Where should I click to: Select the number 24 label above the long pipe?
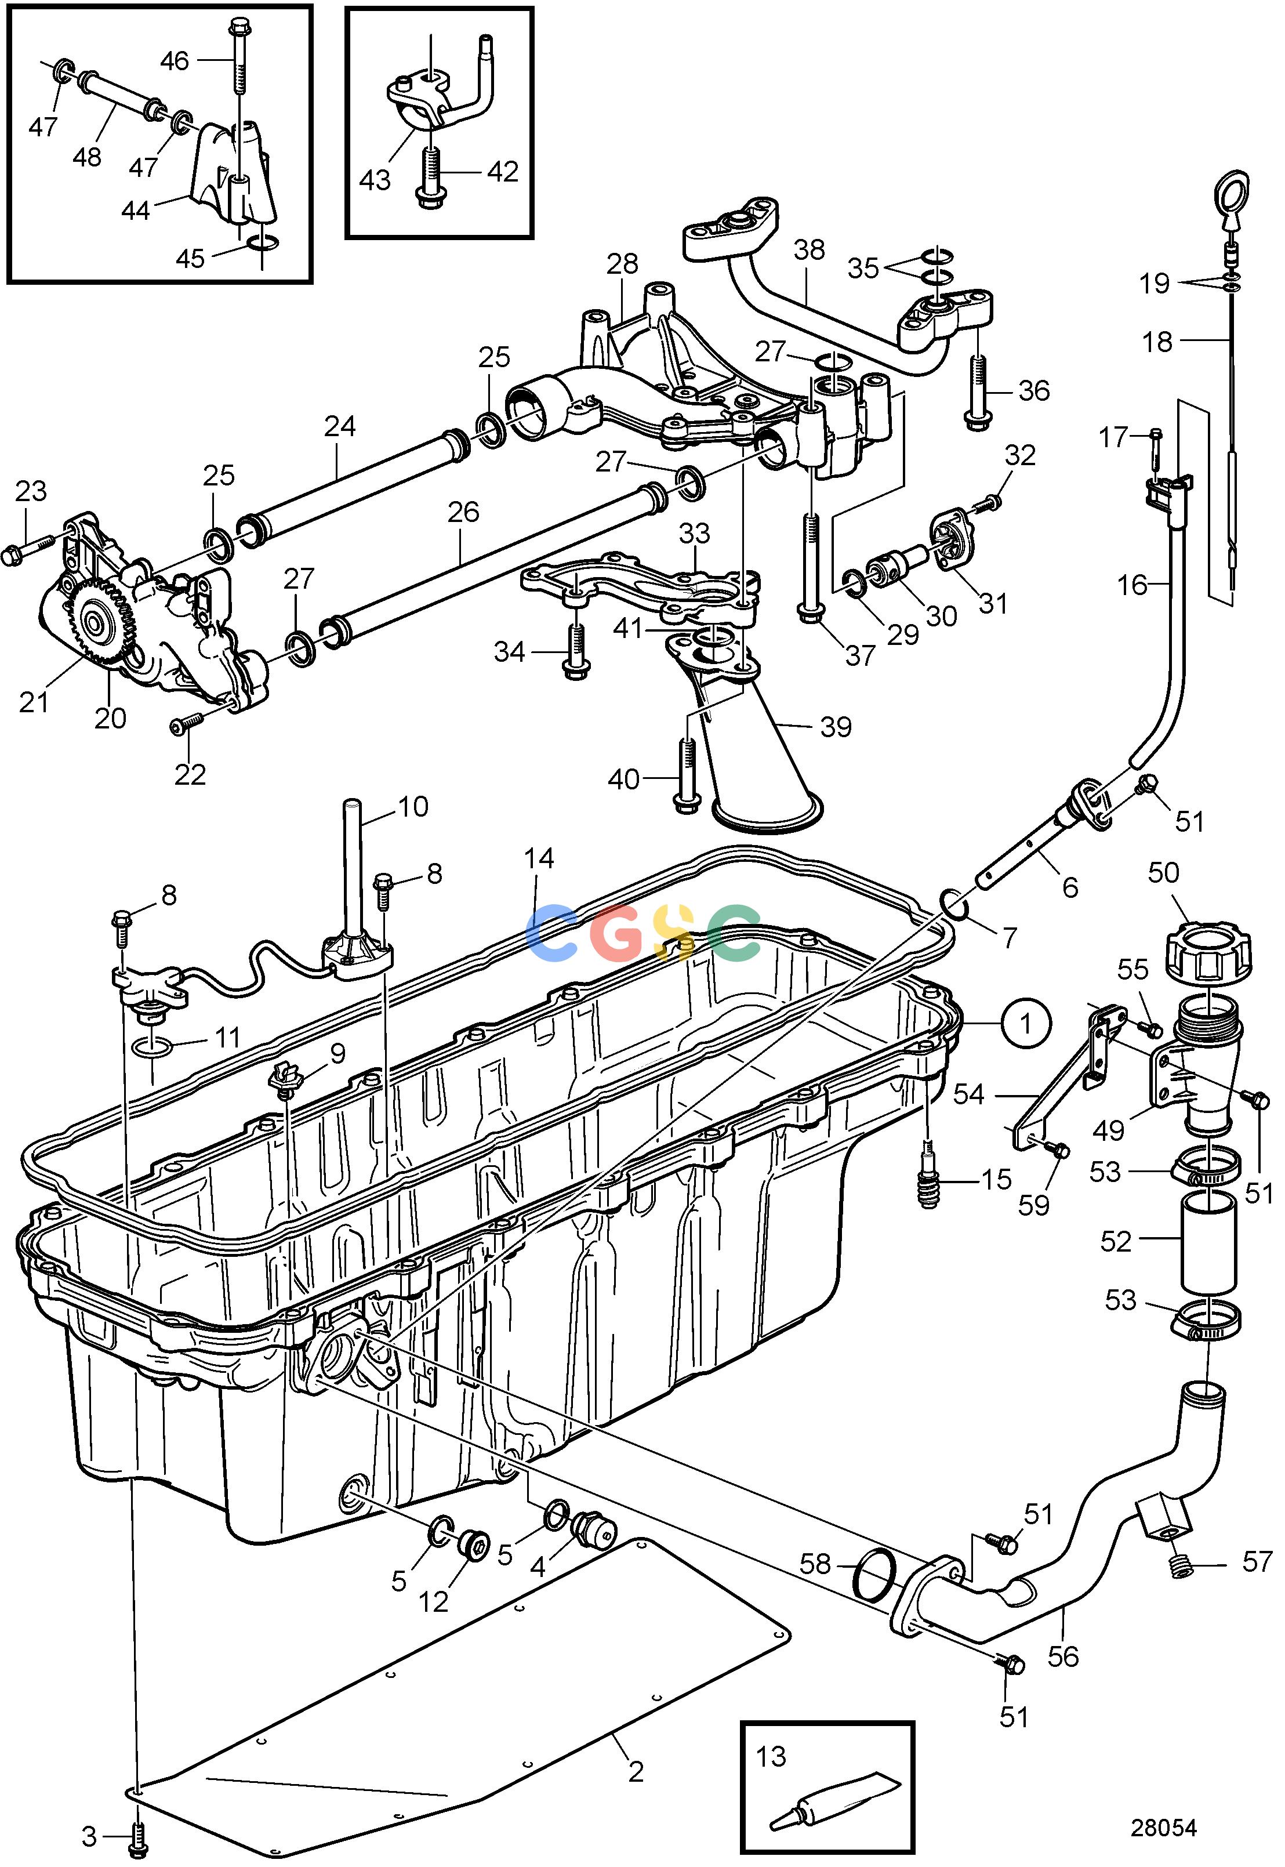click(x=340, y=426)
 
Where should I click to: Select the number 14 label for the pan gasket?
click(x=539, y=858)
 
